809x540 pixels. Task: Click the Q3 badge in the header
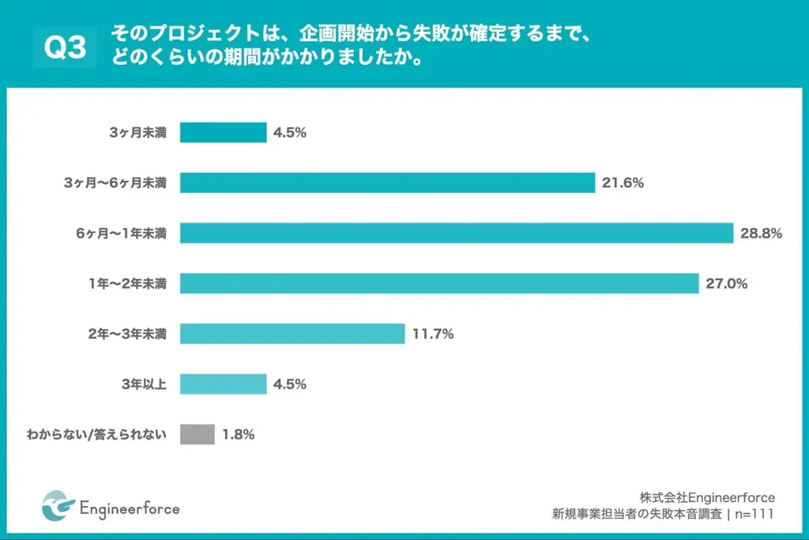pyautogui.click(x=65, y=48)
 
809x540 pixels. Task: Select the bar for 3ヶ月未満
pyautogui.click(x=223, y=132)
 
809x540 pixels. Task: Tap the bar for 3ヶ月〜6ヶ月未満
pyautogui.click(x=387, y=183)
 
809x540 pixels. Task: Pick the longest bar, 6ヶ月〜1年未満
pyautogui.click(x=457, y=233)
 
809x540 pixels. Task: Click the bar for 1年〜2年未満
pyautogui.click(x=439, y=283)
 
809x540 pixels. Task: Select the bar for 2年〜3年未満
pyautogui.click(x=292, y=334)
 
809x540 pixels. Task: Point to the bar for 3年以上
pyautogui.click(x=223, y=384)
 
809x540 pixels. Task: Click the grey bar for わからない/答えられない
pyautogui.click(x=197, y=434)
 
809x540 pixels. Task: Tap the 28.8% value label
pyautogui.click(x=762, y=233)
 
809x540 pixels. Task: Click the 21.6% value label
pyautogui.click(x=623, y=183)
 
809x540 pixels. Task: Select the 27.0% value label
pyautogui.click(x=727, y=283)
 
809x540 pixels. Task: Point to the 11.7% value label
pyautogui.click(x=432, y=334)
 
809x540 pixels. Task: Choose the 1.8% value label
pyautogui.click(x=238, y=434)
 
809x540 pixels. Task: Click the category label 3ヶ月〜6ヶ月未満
pyautogui.click(x=115, y=183)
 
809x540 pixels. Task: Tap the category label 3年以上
pyautogui.click(x=142, y=384)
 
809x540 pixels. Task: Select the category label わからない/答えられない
pyautogui.click(x=96, y=434)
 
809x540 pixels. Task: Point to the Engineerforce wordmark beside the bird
pyautogui.click(x=130, y=508)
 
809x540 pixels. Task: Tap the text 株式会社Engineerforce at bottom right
pyautogui.click(x=707, y=497)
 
